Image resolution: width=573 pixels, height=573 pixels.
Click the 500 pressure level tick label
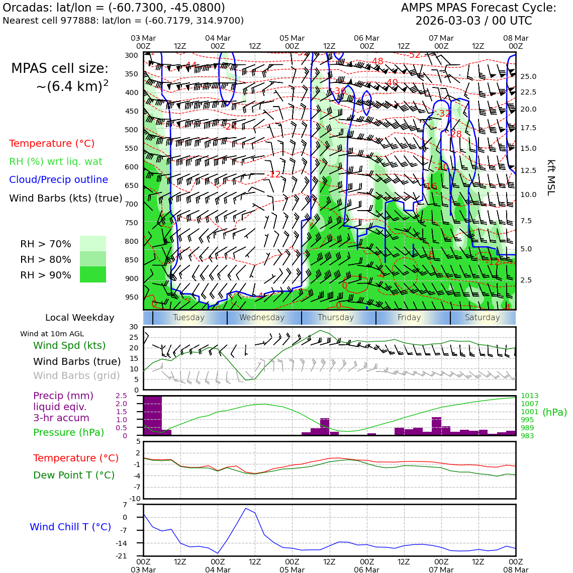pos(131,130)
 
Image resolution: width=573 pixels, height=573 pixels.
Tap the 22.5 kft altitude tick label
pos(528,92)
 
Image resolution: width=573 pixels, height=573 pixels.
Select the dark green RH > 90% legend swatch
pos(93,274)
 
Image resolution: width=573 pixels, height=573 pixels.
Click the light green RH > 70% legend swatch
pos(93,243)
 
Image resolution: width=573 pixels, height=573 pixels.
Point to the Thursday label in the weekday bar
pos(336,318)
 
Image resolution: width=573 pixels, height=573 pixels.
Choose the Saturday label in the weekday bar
pos(483,318)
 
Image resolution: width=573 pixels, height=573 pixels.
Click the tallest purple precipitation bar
pos(153,416)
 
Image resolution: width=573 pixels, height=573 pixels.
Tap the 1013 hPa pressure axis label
pos(529,396)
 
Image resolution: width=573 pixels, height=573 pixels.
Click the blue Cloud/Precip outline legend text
pos(58,180)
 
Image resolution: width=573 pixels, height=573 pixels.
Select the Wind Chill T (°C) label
pos(70,527)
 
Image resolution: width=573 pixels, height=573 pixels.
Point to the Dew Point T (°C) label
pos(74,475)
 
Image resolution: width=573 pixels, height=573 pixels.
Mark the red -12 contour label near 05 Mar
pos(275,174)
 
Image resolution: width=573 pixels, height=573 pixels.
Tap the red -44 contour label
pos(191,65)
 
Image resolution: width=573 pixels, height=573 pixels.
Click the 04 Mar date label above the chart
pos(218,38)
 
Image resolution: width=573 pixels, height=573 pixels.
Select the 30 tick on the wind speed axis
pos(134,327)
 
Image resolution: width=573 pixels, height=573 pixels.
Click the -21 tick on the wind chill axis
pos(135,555)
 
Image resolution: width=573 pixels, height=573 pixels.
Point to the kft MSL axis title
pos(550,177)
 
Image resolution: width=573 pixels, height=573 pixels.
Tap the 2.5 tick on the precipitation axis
pos(121,396)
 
